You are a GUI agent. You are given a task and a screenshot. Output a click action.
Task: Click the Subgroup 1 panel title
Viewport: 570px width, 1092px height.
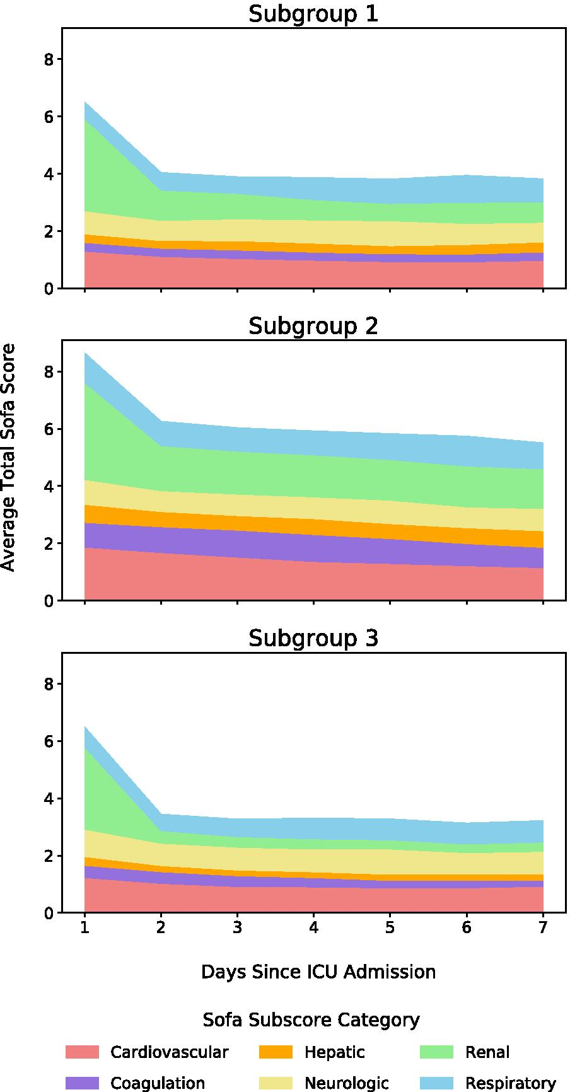click(x=313, y=14)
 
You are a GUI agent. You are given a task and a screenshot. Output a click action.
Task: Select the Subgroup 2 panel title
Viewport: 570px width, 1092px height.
click(x=313, y=326)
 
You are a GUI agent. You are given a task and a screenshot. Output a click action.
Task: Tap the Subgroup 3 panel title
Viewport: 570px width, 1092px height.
click(x=313, y=638)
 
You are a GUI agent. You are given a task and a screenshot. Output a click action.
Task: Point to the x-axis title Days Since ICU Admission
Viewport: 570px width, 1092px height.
click(x=318, y=972)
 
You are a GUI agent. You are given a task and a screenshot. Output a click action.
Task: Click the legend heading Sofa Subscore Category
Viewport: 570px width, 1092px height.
click(x=311, y=1019)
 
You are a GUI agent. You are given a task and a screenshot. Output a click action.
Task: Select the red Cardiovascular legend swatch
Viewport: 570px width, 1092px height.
click(x=82, y=1052)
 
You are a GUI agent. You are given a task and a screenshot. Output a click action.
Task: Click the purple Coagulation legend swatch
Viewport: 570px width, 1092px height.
click(x=82, y=1083)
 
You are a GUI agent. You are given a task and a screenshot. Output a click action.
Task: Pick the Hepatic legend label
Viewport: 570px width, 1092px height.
click(x=334, y=1052)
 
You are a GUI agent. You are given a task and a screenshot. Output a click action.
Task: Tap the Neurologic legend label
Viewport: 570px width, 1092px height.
click(x=347, y=1083)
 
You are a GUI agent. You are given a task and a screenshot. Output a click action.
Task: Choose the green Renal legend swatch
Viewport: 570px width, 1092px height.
click(x=436, y=1052)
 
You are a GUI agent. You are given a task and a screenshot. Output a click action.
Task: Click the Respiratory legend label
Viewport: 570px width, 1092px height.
click(x=511, y=1083)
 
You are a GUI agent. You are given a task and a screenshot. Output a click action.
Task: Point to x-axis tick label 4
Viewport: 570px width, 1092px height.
click(x=313, y=929)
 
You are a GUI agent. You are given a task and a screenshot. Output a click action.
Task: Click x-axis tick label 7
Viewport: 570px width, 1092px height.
click(x=543, y=929)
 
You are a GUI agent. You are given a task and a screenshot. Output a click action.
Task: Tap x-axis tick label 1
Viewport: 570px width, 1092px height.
click(x=84, y=929)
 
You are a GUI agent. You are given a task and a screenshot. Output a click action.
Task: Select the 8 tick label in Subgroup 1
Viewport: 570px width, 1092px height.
click(x=49, y=60)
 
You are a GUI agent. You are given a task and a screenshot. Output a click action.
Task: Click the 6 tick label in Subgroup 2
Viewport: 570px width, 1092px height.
click(x=49, y=429)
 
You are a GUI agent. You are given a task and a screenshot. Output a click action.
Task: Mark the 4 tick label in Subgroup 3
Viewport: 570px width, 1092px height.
click(x=49, y=799)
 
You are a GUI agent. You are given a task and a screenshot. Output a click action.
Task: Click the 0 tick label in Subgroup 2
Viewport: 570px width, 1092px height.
click(x=49, y=601)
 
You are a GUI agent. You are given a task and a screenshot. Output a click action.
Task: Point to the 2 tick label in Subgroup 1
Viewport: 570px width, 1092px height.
click(x=49, y=231)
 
